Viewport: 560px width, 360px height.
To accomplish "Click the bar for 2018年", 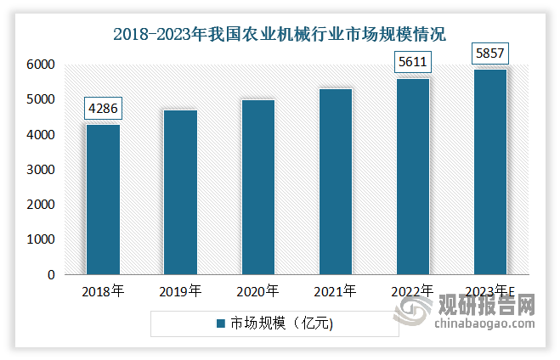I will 103,200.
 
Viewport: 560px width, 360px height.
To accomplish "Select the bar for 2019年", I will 180,193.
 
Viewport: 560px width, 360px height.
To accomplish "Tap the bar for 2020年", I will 257,188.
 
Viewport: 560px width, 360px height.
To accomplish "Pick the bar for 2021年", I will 335,182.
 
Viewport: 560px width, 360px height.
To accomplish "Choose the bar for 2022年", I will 412,177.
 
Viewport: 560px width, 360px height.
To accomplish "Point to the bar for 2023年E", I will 490,172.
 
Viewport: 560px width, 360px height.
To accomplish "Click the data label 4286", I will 103,110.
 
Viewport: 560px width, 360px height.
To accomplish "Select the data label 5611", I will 412,63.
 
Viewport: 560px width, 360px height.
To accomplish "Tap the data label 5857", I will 490,54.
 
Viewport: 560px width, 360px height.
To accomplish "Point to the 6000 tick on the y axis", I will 41,65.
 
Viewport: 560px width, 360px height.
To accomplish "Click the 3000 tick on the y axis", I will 41,170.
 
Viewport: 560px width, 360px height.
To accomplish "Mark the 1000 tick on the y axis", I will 41,240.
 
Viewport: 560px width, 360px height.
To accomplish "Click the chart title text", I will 280,34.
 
